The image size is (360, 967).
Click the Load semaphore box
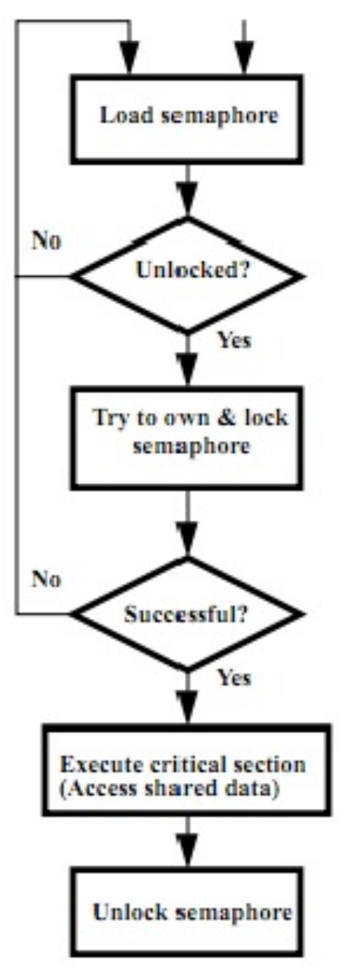click(186, 119)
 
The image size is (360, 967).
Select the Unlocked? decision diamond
click(187, 275)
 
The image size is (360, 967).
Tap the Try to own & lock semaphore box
click(186, 439)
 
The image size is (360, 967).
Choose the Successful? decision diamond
click(187, 614)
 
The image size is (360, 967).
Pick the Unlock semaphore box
click(186, 913)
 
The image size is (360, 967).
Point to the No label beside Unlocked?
click(47, 240)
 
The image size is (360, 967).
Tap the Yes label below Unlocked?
click(235, 340)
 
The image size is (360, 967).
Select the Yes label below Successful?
click(235, 678)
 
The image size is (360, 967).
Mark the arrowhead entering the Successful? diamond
click(187, 539)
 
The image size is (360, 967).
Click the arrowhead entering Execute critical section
click(187, 707)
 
